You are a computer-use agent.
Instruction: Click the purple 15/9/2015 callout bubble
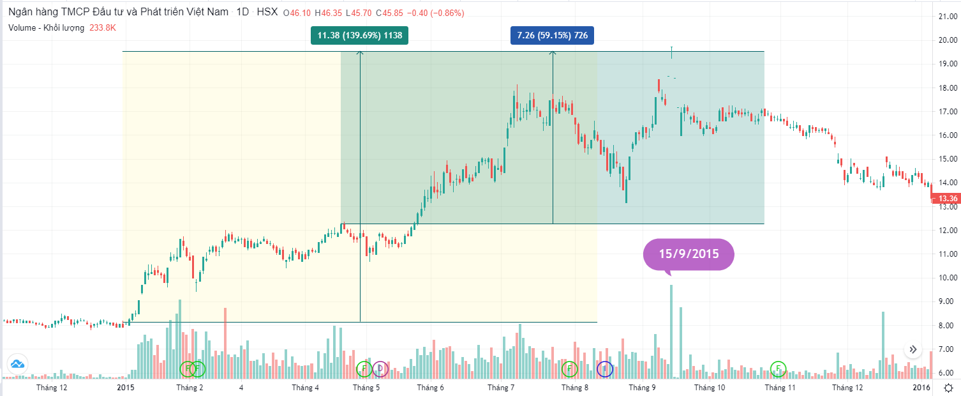pos(689,254)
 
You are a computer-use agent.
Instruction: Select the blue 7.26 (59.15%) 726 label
pos(553,36)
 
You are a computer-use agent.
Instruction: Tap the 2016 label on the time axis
pos(921,388)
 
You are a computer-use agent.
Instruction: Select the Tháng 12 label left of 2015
pos(52,388)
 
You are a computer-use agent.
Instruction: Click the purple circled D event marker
pos(380,369)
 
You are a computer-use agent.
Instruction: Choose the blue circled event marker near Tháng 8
pos(604,369)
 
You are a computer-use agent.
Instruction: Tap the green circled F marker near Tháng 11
pos(778,368)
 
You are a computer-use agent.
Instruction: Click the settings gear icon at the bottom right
pos(949,388)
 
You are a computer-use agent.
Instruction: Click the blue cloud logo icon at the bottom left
pos(17,364)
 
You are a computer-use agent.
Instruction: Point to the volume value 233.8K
pos(103,28)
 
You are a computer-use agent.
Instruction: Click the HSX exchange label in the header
pos(267,13)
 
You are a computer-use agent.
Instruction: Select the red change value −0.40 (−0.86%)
pos(436,13)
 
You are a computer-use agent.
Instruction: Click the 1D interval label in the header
pos(242,13)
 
